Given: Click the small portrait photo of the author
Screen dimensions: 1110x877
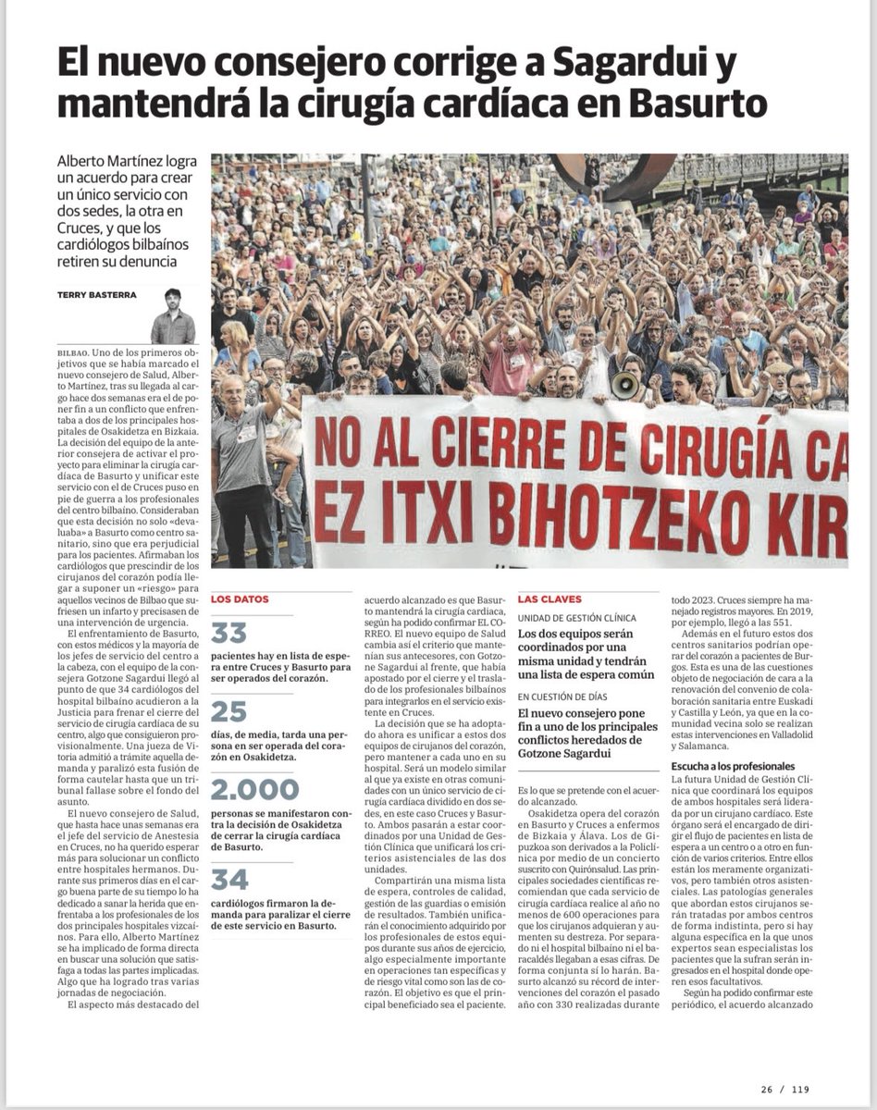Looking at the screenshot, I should (173, 316).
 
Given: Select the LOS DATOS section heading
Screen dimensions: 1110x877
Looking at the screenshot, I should (240, 599).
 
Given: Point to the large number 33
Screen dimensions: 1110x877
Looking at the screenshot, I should (229, 633).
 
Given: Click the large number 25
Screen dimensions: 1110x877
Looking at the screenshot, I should (229, 711).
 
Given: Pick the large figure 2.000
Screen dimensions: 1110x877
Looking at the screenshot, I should (255, 790).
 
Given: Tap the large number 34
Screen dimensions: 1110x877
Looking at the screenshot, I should (229, 879).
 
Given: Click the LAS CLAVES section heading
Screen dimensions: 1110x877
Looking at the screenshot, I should (547, 599).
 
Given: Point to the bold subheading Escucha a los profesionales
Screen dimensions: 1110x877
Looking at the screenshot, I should (733, 766).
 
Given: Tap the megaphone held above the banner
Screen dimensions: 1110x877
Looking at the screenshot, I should (626, 384).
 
